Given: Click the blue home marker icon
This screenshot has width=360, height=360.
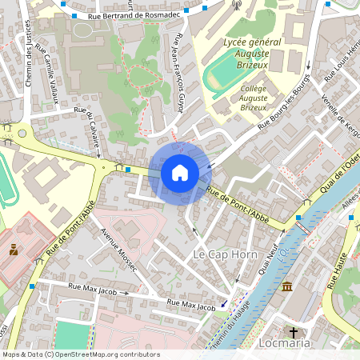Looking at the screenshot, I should (179, 172).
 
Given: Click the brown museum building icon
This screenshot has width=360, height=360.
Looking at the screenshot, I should (287, 286).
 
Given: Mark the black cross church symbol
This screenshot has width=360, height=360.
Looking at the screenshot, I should (294, 331).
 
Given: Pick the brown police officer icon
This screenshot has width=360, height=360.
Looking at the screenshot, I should (14, 250).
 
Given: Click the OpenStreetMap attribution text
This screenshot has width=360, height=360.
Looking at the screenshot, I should (80, 354).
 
